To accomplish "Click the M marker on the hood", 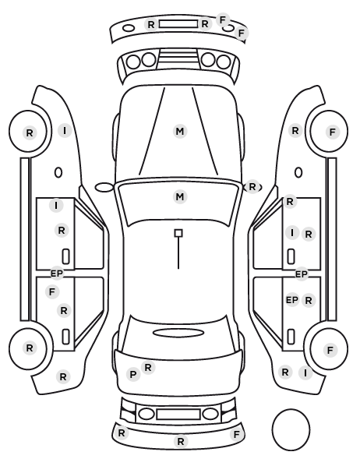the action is [x=180, y=131].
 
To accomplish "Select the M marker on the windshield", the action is [x=180, y=196].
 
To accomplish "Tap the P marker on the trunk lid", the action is [x=133, y=375].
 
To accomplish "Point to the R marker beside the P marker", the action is [x=148, y=368].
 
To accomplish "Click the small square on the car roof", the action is [x=178, y=233].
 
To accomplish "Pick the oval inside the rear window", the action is [x=178, y=333].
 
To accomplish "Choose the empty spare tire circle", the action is [x=291, y=429].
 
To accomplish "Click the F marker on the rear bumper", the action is [x=237, y=435].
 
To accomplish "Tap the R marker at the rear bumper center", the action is [x=181, y=442].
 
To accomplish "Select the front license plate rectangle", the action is [x=178, y=24].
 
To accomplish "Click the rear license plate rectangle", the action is [x=178, y=414].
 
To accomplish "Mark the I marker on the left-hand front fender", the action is [x=65, y=130].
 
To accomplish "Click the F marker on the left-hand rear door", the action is [x=52, y=292].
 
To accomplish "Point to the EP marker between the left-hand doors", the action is [x=56, y=273].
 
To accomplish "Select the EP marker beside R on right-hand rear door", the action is [x=292, y=300].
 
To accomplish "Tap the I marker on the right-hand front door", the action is [x=292, y=232].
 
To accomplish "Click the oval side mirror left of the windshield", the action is [x=104, y=188].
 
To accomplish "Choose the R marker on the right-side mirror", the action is [x=252, y=187].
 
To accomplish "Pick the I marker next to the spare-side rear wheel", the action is [x=305, y=372].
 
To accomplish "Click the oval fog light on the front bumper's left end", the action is [x=129, y=28].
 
